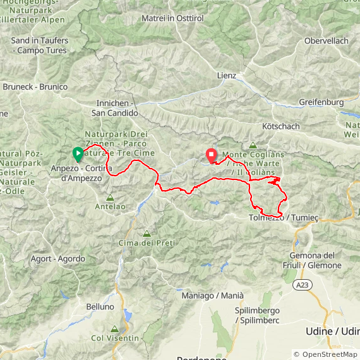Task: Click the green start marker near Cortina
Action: [78, 153]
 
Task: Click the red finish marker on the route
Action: [210, 154]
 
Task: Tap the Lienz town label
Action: [226, 76]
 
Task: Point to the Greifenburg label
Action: [321, 102]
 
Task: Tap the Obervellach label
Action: [326, 40]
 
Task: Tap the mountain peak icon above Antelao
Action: [111, 197]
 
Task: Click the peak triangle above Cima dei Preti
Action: [147, 234]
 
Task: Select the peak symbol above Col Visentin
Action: [114, 329]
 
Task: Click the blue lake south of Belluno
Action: [129, 316]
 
